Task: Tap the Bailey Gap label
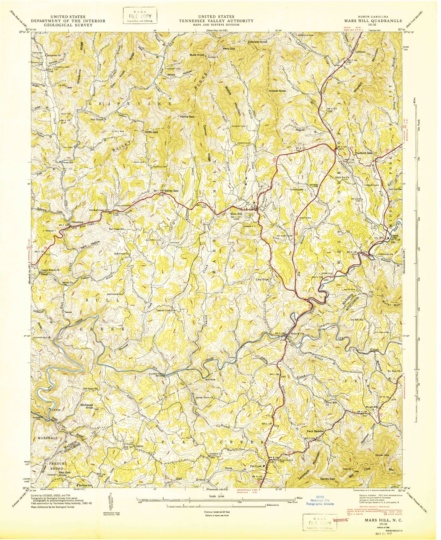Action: pyautogui.click(x=171, y=190)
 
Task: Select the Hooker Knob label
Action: pyautogui.click(x=277, y=91)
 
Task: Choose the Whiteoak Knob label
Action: pyautogui.click(x=87, y=407)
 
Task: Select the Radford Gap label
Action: pyautogui.click(x=364, y=153)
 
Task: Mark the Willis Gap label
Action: pyautogui.click(x=151, y=132)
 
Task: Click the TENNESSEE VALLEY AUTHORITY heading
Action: pyautogui.click(x=217, y=21)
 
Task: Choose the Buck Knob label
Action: pyautogui.click(x=197, y=55)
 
